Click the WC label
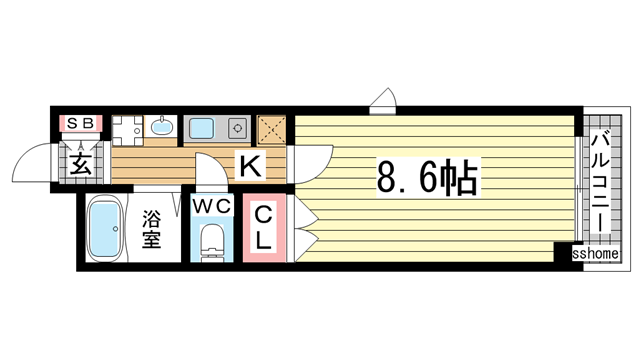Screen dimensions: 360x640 pos(212,207)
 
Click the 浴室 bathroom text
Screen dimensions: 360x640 pos(151,229)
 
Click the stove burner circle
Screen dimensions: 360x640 pos(238,128)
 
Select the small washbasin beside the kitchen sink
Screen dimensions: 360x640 pos(160,127)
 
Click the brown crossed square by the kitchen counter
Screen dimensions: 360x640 pos(272,130)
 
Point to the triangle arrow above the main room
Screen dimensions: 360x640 pos(383,99)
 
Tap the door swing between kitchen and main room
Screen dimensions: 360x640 pos(313,159)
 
